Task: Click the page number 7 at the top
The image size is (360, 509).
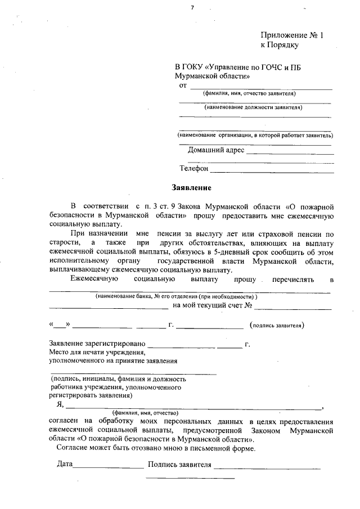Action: [192, 7]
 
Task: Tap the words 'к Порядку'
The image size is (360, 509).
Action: [278, 44]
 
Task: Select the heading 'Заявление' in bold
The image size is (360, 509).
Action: [191, 187]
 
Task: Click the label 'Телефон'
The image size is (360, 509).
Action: [194, 168]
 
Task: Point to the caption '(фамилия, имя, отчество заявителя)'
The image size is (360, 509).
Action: [249, 93]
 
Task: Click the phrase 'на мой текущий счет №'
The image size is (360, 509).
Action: [211, 306]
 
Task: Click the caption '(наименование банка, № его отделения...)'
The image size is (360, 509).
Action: [177, 296]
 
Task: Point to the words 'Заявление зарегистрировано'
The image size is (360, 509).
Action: [97, 343]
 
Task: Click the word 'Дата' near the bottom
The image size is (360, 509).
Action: [65, 465]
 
